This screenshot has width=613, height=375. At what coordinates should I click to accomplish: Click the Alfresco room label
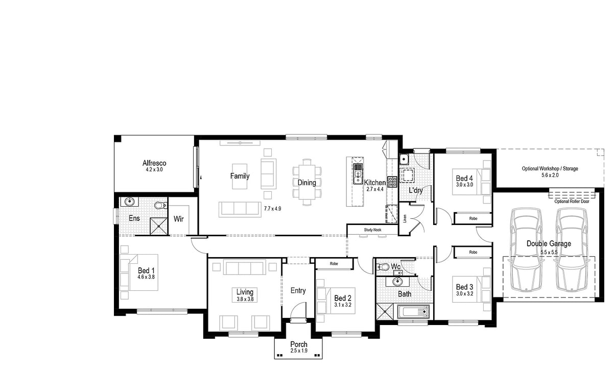[x=154, y=163]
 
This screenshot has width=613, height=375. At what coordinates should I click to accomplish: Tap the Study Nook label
[x=372, y=230]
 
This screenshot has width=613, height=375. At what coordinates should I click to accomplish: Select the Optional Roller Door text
[x=572, y=202]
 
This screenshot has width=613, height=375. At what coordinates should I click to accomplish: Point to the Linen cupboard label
[x=405, y=218]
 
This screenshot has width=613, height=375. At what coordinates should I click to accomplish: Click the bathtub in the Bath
[x=413, y=312]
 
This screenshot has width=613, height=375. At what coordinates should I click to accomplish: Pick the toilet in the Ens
[x=160, y=205]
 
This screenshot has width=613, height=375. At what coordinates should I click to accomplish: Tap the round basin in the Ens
[x=129, y=202]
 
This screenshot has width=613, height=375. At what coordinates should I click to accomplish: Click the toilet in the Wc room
[x=383, y=266]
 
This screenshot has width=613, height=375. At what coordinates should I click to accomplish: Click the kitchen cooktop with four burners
[x=392, y=182]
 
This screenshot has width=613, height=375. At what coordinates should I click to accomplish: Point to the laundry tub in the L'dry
[x=404, y=159]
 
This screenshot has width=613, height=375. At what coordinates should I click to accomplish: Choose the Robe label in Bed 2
[x=334, y=264]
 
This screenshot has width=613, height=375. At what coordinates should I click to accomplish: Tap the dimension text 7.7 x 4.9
[x=272, y=209]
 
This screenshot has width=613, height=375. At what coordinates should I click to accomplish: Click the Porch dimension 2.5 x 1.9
[x=299, y=351]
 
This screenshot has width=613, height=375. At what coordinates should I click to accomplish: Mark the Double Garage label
[x=549, y=243]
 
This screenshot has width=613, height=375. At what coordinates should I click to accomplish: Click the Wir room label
[x=178, y=219]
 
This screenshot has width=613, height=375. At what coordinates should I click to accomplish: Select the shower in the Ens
[x=158, y=226]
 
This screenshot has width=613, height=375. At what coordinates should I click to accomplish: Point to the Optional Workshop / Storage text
[x=550, y=169]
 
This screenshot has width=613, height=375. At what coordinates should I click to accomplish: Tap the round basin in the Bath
[x=397, y=281]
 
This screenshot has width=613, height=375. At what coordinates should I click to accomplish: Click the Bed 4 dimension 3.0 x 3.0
[x=464, y=185]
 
